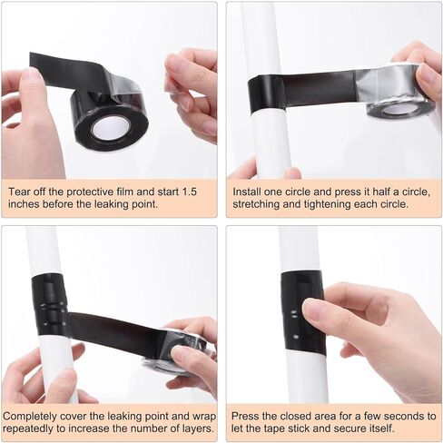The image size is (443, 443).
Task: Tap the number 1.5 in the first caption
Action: (x=189, y=192)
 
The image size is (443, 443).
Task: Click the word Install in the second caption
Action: (x=247, y=192)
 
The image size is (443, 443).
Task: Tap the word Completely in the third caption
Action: (x=30, y=417)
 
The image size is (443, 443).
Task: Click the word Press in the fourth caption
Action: (x=245, y=417)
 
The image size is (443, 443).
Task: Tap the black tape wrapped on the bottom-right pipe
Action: (x=303, y=312)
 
